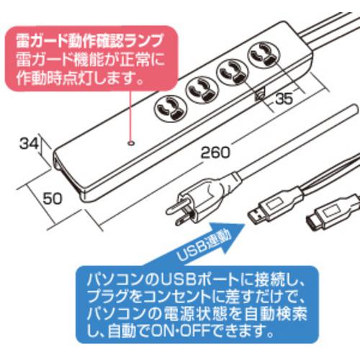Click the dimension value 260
215,153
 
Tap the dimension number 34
29,144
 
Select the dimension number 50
53,199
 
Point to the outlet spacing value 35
284,99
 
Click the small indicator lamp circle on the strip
131,143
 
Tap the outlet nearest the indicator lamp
170,109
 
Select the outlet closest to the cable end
264,57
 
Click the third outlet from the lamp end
233,73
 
